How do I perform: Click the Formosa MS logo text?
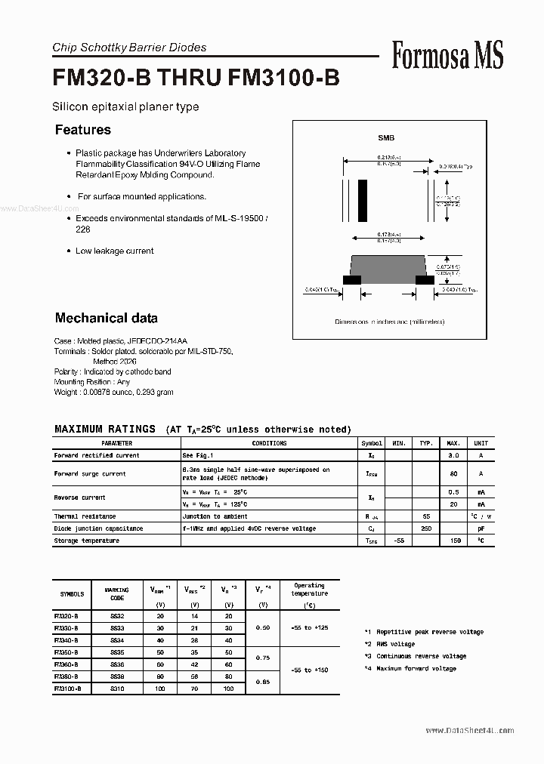click(x=447, y=55)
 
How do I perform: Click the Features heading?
click(x=83, y=130)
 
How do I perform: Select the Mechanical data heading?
click(x=107, y=318)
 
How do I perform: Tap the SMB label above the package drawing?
click(x=386, y=138)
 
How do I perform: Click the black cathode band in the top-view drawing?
click(x=363, y=199)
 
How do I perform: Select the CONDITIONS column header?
click(x=269, y=444)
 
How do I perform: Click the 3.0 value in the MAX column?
click(x=454, y=456)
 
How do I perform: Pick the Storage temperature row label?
click(x=87, y=541)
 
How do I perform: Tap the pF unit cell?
click(x=481, y=529)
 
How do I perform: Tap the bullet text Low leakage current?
click(x=114, y=251)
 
